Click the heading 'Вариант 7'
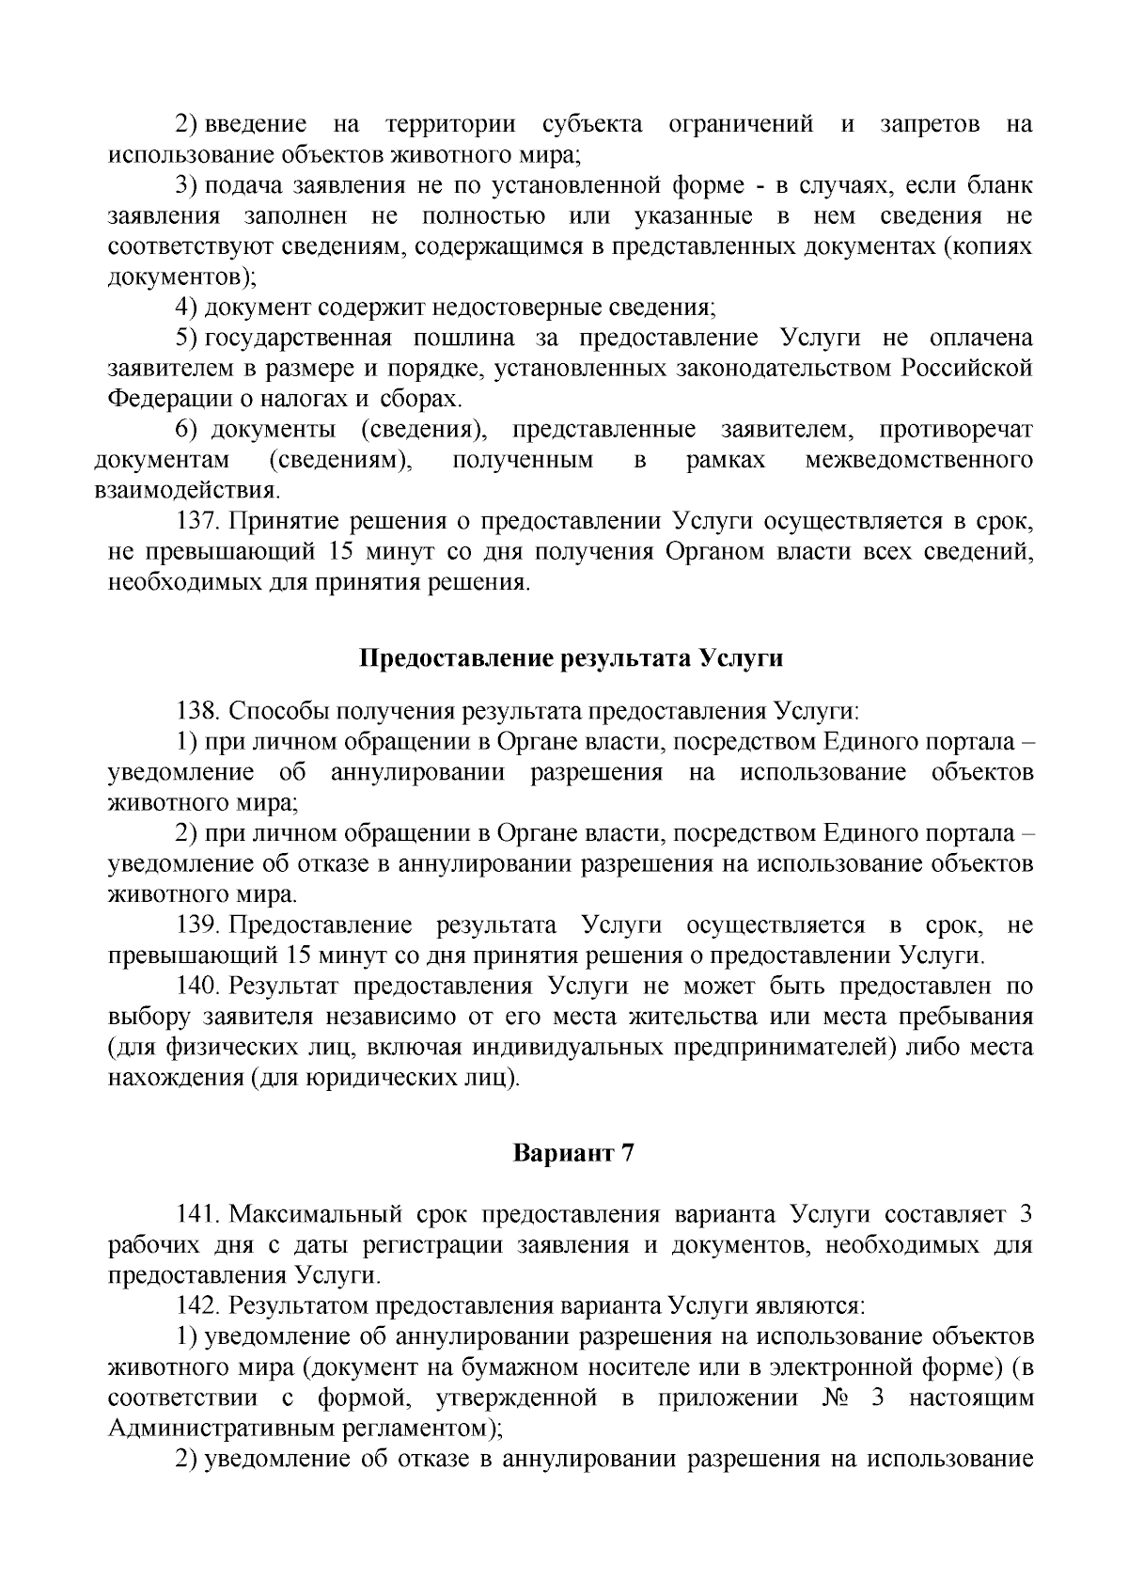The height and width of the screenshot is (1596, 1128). pos(573,1153)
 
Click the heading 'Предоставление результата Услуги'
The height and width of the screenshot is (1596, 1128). pos(572,658)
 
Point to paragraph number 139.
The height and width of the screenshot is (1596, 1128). pos(198,925)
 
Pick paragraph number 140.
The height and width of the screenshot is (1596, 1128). pos(198,987)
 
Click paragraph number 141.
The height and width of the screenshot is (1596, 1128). pos(198,1214)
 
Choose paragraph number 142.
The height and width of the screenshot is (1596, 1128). pos(198,1306)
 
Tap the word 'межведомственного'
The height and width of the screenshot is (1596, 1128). pos(919,461)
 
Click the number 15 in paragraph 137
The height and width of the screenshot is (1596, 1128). pos(344,552)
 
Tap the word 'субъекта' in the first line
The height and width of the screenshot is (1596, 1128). pos(592,125)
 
